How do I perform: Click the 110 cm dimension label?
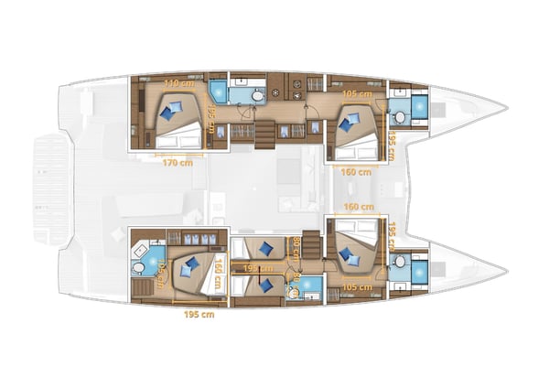click(178, 83)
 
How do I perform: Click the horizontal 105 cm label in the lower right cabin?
click(356, 285)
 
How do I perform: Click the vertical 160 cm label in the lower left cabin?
click(219, 272)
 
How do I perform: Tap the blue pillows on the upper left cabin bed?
click(170, 111)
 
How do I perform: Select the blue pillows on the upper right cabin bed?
click(348, 118)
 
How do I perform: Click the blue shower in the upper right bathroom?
click(419, 108)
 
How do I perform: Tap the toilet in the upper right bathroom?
click(399, 116)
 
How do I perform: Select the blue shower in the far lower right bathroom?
click(418, 270)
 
